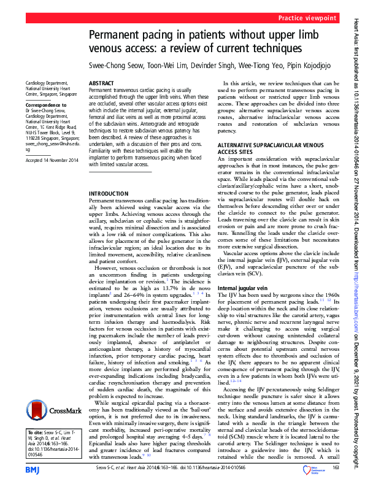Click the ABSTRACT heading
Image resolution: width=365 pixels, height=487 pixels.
pos(101,82)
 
